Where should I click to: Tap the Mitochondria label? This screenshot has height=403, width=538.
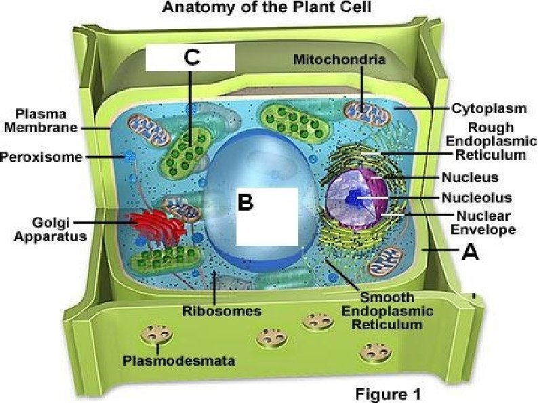339,60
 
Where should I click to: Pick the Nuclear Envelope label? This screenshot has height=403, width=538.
486,223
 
